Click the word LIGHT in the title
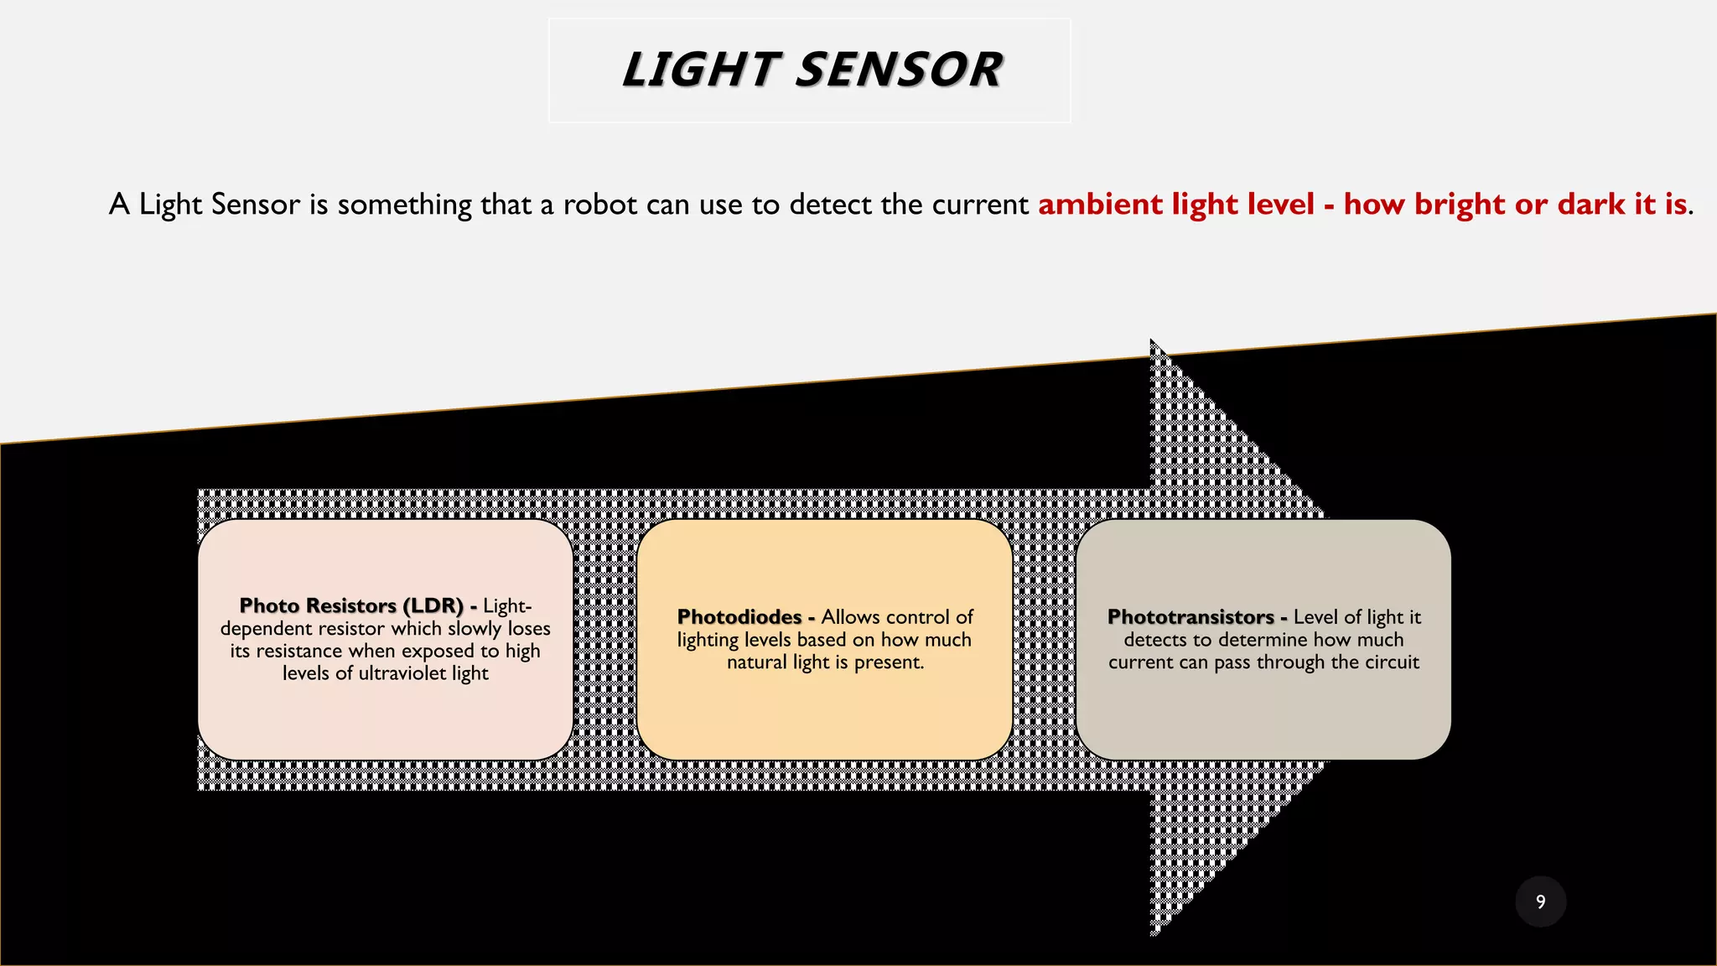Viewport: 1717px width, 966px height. [701, 70]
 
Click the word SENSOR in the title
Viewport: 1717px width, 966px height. [898, 70]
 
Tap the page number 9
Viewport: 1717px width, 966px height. [1540, 901]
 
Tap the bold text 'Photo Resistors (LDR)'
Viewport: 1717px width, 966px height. [351, 605]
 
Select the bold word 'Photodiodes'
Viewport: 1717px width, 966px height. [739, 617]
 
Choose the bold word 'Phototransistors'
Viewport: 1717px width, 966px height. [1190, 617]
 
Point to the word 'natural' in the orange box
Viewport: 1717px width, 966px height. [756, 662]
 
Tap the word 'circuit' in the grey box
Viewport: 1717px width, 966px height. [1392, 662]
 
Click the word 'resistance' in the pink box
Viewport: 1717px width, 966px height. [299, 652]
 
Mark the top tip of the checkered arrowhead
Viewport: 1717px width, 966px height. [1153, 341]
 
